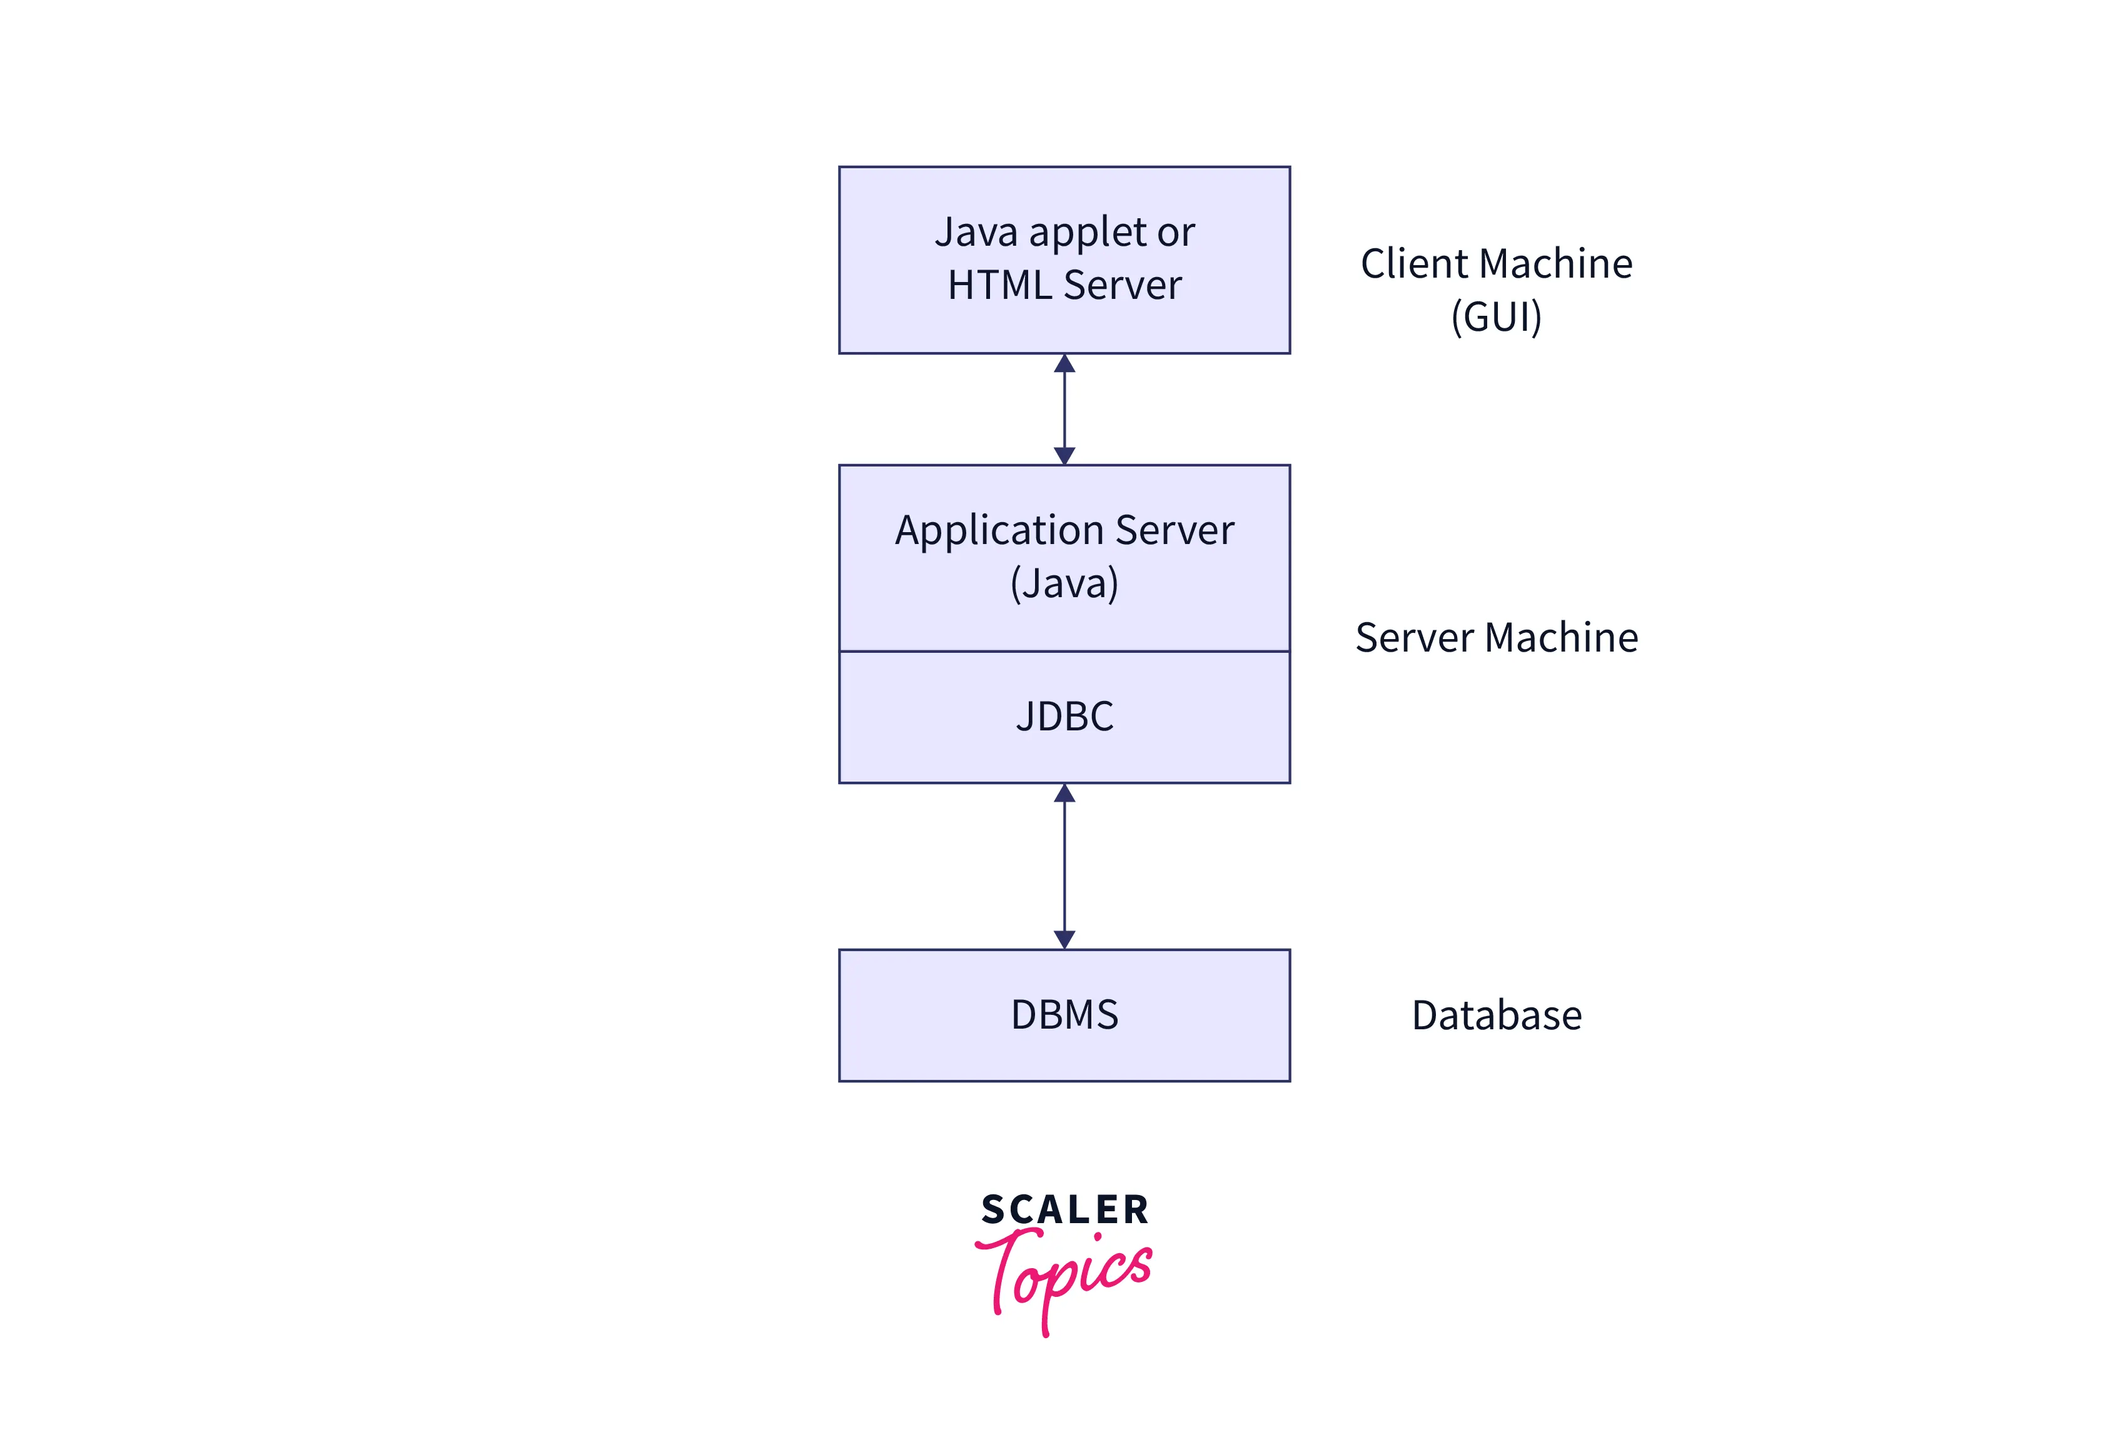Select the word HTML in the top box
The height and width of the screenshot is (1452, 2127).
pyautogui.click(x=999, y=285)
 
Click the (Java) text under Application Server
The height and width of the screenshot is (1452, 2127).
pyautogui.click(x=1064, y=583)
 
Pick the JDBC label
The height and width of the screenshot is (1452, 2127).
pyautogui.click(x=1064, y=717)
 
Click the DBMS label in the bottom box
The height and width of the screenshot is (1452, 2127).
pyautogui.click(x=1064, y=1015)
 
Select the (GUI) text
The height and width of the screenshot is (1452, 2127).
pyautogui.click(x=1497, y=316)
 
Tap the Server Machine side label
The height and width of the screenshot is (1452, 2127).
pyautogui.click(x=1497, y=638)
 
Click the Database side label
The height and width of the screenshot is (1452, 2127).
pyautogui.click(x=1497, y=1016)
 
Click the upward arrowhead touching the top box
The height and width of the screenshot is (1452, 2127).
pyautogui.click(x=1064, y=363)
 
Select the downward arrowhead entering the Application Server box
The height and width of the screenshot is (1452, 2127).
pyautogui.click(x=1064, y=456)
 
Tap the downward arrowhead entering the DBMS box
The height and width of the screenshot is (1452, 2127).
pyautogui.click(x=1064, y=940)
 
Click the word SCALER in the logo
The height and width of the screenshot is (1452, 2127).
pyautogui.click(x=1064, y=1209)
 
